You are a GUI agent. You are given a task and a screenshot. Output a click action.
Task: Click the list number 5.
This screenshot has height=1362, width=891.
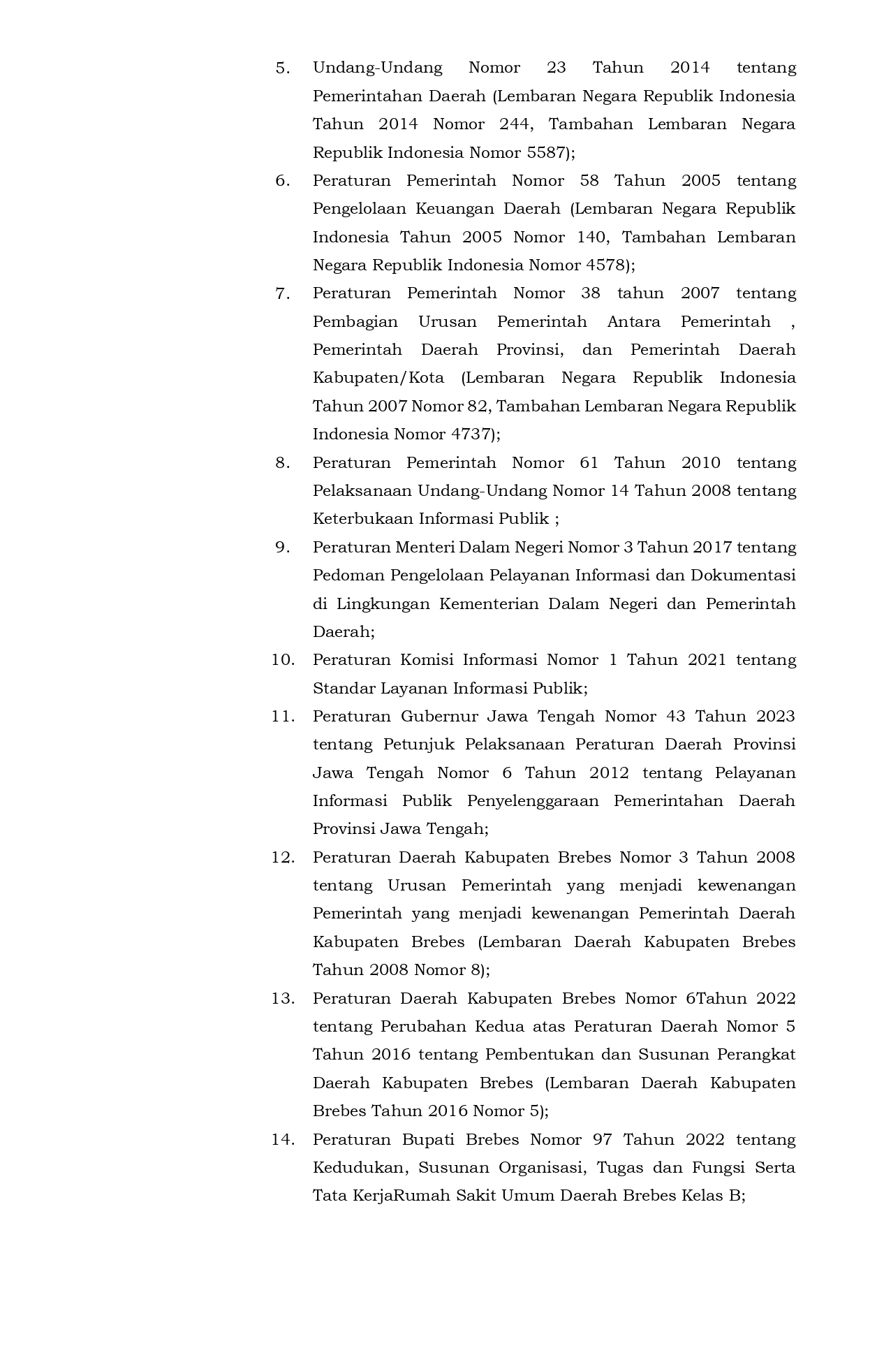282,68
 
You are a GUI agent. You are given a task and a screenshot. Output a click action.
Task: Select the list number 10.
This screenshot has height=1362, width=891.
282,661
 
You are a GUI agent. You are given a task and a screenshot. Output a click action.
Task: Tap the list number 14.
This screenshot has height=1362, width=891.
282,1140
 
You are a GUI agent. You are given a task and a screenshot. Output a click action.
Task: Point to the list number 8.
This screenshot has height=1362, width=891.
282,463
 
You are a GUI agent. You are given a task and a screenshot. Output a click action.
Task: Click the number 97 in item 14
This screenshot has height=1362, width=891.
602,1140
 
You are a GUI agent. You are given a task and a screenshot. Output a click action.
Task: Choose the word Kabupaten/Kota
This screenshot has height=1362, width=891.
378,378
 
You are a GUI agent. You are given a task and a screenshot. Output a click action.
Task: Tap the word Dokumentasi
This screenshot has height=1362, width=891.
743,576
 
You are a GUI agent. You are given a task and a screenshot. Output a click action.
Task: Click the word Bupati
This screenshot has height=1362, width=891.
425,1140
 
